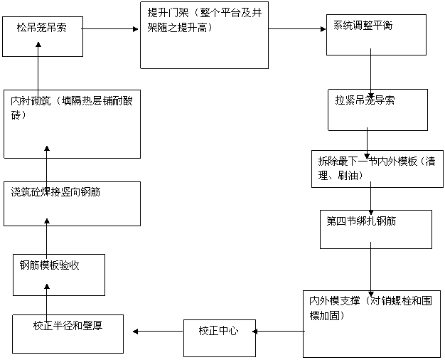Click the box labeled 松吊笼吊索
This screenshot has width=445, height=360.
pos(43,36)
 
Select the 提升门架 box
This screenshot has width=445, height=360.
pos(204,36)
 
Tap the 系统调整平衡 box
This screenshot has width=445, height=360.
pos(376,35)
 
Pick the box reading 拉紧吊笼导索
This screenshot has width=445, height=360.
pos(377,110)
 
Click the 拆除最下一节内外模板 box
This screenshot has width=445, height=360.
pos(377,169)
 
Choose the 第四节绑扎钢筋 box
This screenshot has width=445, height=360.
pos(376,230)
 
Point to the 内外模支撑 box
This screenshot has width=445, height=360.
pos(372,324)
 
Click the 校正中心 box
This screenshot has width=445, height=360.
pos(220,338)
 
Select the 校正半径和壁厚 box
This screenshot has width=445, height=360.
pos(68,334)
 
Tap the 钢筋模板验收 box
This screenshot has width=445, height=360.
pos(59,275)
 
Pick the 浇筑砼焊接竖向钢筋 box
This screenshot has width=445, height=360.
pos(72,204)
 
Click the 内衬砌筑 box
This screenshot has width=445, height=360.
pos(72,125)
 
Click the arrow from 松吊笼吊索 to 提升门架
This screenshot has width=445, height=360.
pos(110,28)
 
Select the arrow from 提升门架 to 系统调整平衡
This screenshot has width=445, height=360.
pos(297,28)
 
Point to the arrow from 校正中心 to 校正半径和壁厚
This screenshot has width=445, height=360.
pos(158,332)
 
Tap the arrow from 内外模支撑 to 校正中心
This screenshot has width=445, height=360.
pos(279,332)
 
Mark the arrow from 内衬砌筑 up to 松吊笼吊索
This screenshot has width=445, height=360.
pos(38,67)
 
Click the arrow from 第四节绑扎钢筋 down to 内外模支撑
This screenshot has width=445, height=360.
pos(370,270)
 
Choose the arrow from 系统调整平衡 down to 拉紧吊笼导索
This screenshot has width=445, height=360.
pos(370,73)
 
